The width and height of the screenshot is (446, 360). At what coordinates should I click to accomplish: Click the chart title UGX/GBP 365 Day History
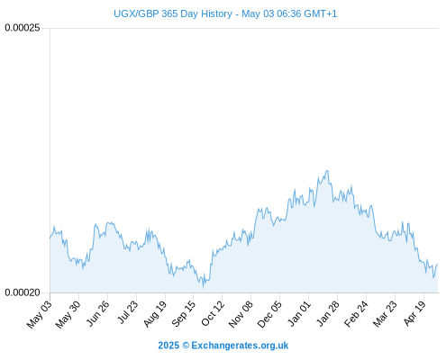173,13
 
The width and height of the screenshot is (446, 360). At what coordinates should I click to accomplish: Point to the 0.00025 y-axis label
23,28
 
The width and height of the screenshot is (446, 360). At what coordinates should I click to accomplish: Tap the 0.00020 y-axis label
23,292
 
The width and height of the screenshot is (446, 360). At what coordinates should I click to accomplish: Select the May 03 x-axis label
40,314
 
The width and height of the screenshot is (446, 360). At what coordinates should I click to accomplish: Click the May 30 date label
68,314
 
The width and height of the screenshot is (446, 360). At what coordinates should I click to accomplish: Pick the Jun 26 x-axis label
97,313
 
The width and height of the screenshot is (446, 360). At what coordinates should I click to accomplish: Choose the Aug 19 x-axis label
155,314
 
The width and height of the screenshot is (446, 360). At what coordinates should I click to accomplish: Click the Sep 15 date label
183,313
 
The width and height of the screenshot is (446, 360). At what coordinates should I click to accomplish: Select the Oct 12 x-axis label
213,313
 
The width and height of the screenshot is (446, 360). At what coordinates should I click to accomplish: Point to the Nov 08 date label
241,314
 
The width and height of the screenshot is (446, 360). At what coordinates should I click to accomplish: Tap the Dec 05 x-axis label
269,314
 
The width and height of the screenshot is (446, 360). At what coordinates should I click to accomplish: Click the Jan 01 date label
299,313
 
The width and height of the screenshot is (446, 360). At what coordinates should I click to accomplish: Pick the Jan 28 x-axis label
328,313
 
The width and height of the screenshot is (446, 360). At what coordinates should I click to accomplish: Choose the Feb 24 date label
356,314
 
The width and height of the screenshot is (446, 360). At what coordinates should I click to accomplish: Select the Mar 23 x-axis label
385,314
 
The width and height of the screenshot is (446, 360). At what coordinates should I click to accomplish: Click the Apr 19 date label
414,313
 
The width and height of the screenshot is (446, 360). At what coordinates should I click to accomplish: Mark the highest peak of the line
327,171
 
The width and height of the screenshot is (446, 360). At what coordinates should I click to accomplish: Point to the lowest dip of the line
204,287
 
